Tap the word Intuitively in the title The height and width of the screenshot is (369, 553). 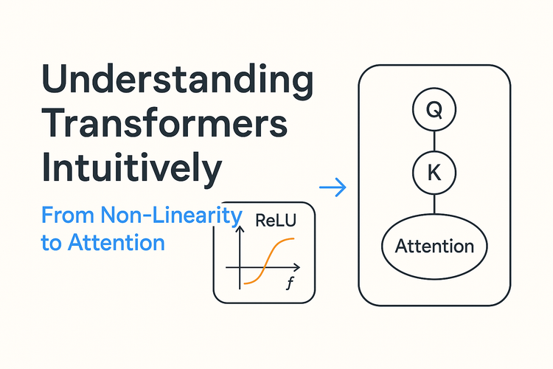tap(131, 169)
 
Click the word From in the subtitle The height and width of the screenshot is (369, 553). tap(60, 216)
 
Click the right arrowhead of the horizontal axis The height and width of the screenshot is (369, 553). tap(299, 266)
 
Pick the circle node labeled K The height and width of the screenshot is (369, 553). tap(434, 174)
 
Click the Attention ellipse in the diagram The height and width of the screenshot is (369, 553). tap(434, 246)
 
